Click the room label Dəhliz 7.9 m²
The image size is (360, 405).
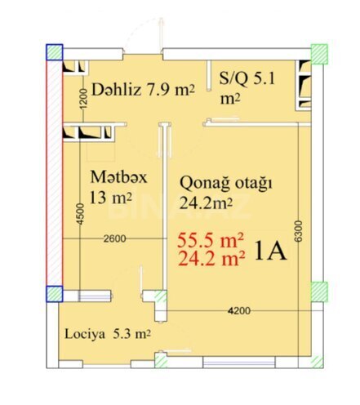[x=143, y=89]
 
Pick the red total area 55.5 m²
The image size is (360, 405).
[x=211, y=242]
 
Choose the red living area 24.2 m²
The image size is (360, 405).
[x=211, y=260]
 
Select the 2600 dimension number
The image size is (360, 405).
[x=116, y=238]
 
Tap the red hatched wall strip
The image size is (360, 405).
[x=52, y=171]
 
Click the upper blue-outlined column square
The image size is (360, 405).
[x=53, y=51]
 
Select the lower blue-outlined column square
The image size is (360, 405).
[x=53, y=293]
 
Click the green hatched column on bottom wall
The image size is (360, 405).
[x=162, y=360]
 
